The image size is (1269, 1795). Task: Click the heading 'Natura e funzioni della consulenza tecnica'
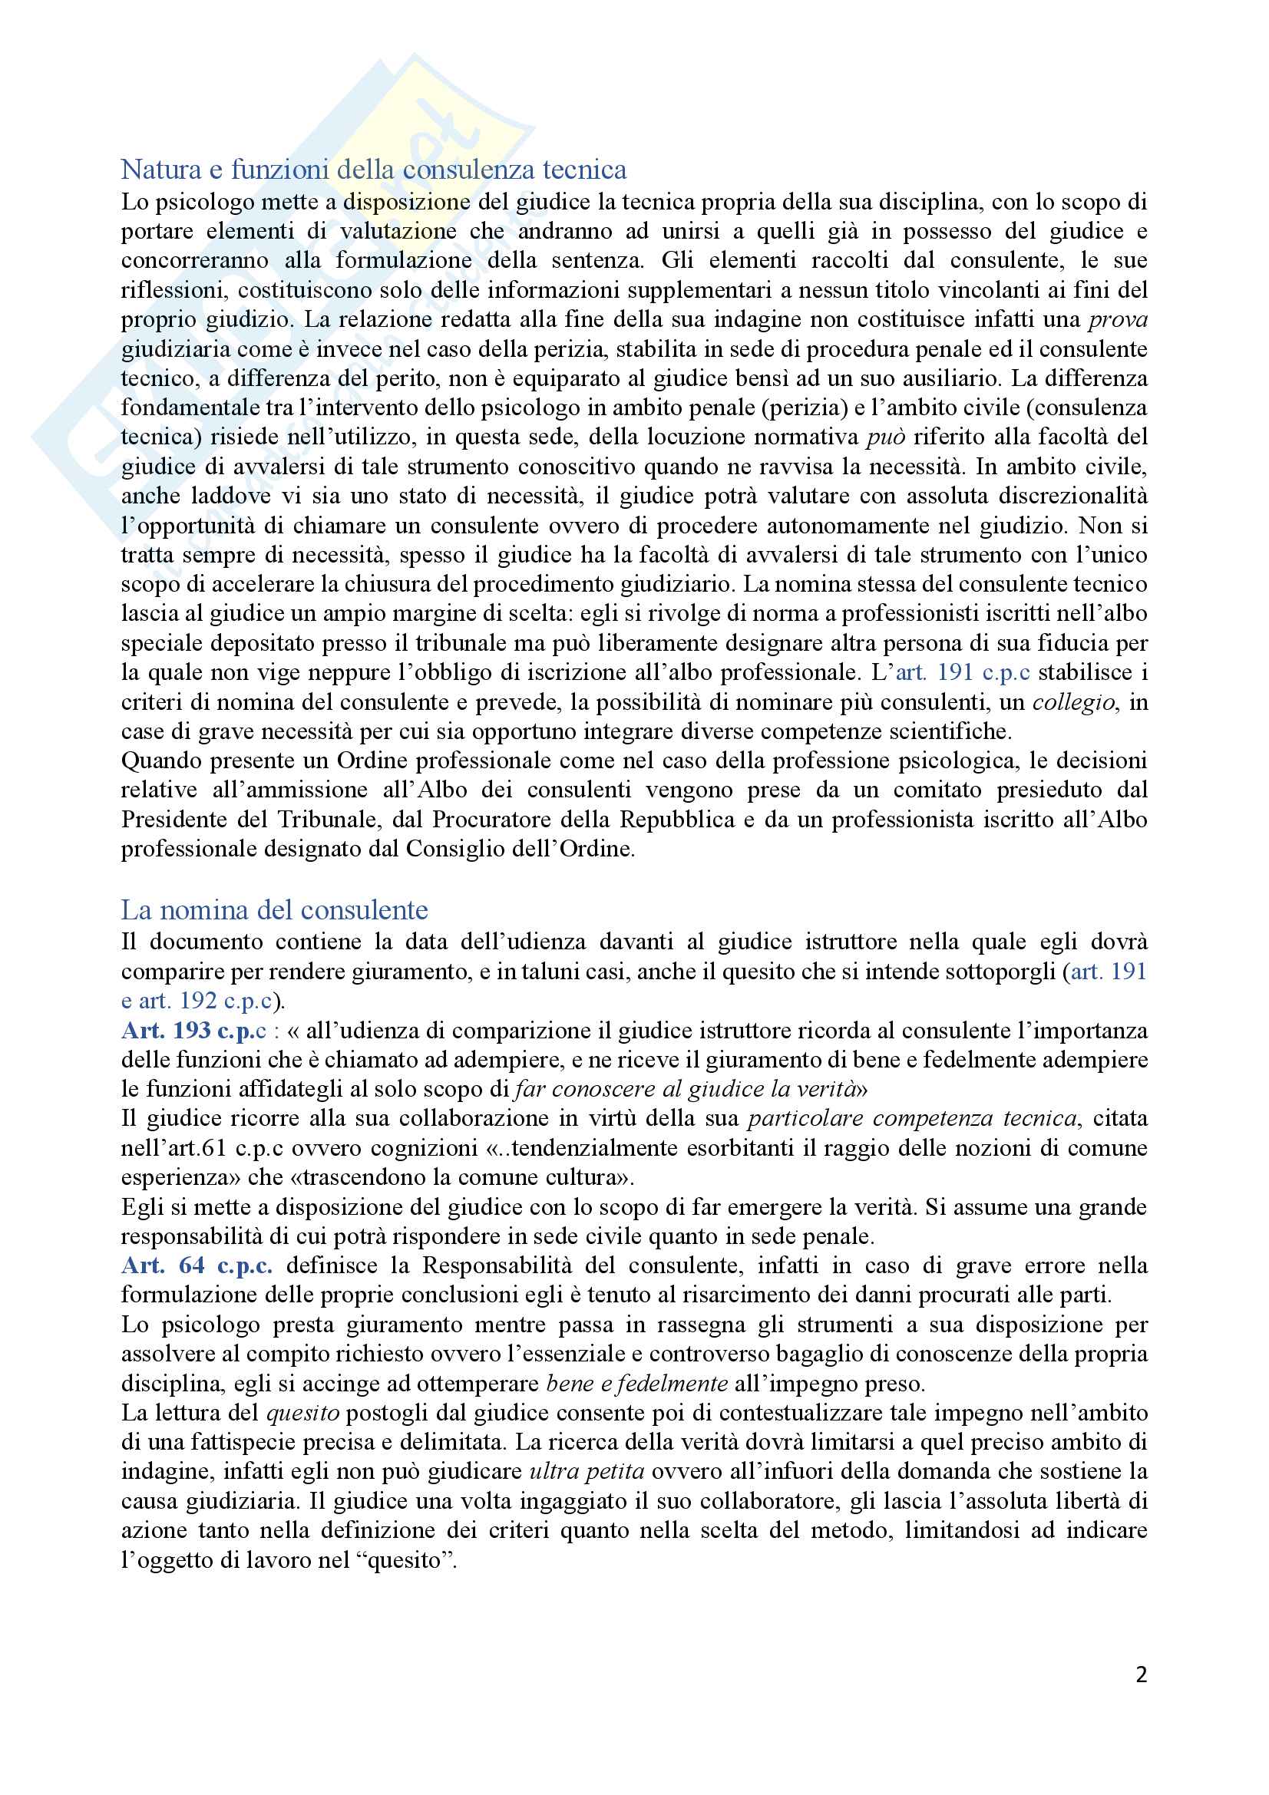coord(374,170)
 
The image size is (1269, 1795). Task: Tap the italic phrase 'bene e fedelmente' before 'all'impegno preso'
coord(637,1384)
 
